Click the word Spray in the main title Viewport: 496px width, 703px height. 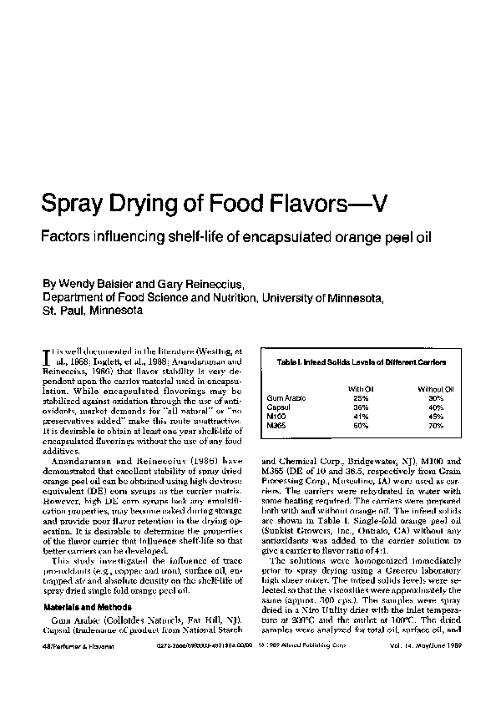[x=79, y=203]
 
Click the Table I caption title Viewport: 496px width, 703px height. [x=362, y=362]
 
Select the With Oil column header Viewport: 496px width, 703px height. [x=361, y=389]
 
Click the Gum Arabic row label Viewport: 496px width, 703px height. [x=282, y=398]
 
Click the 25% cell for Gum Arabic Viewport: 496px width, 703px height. [x=361, y=398]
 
